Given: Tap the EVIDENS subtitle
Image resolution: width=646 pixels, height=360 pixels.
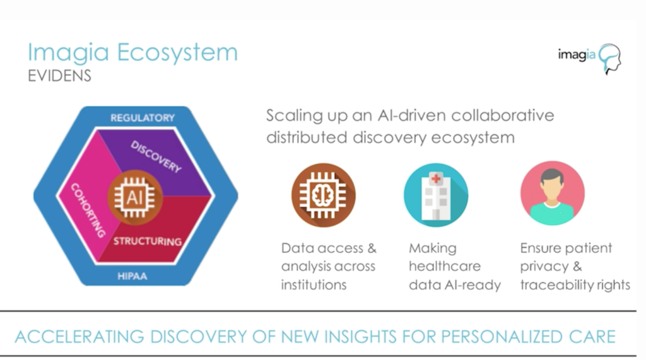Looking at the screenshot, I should (60, 76).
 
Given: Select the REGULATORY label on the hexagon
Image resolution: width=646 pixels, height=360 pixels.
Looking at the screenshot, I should (142, 118).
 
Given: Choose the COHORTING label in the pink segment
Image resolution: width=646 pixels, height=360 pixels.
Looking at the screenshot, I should (88, 210).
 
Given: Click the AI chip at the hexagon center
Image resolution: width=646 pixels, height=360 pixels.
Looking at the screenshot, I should (134, 197).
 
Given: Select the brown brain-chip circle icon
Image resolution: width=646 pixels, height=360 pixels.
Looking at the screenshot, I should (323, 194).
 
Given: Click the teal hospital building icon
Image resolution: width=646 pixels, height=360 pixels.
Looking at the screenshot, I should (436, 194).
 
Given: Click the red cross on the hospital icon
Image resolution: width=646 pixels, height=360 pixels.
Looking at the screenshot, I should (436, 179).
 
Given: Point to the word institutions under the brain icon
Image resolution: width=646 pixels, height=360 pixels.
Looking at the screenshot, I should (314, 285).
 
